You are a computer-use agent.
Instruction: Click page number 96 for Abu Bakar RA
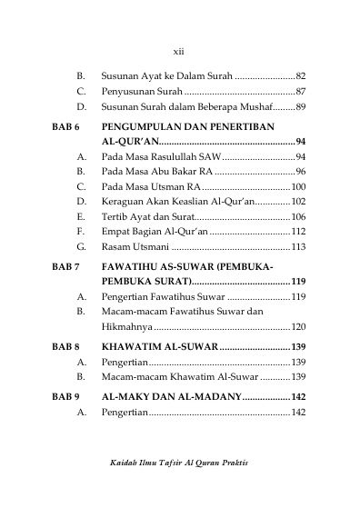[300, 172]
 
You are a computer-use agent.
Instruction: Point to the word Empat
[116, 232]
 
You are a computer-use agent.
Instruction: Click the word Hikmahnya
[126, 326]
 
